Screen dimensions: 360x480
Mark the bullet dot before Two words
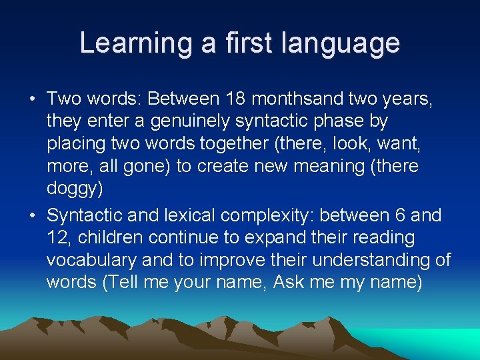click(32, 100)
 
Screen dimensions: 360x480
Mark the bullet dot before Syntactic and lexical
click(32, 216)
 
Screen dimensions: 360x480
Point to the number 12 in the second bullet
click(57, 238)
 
